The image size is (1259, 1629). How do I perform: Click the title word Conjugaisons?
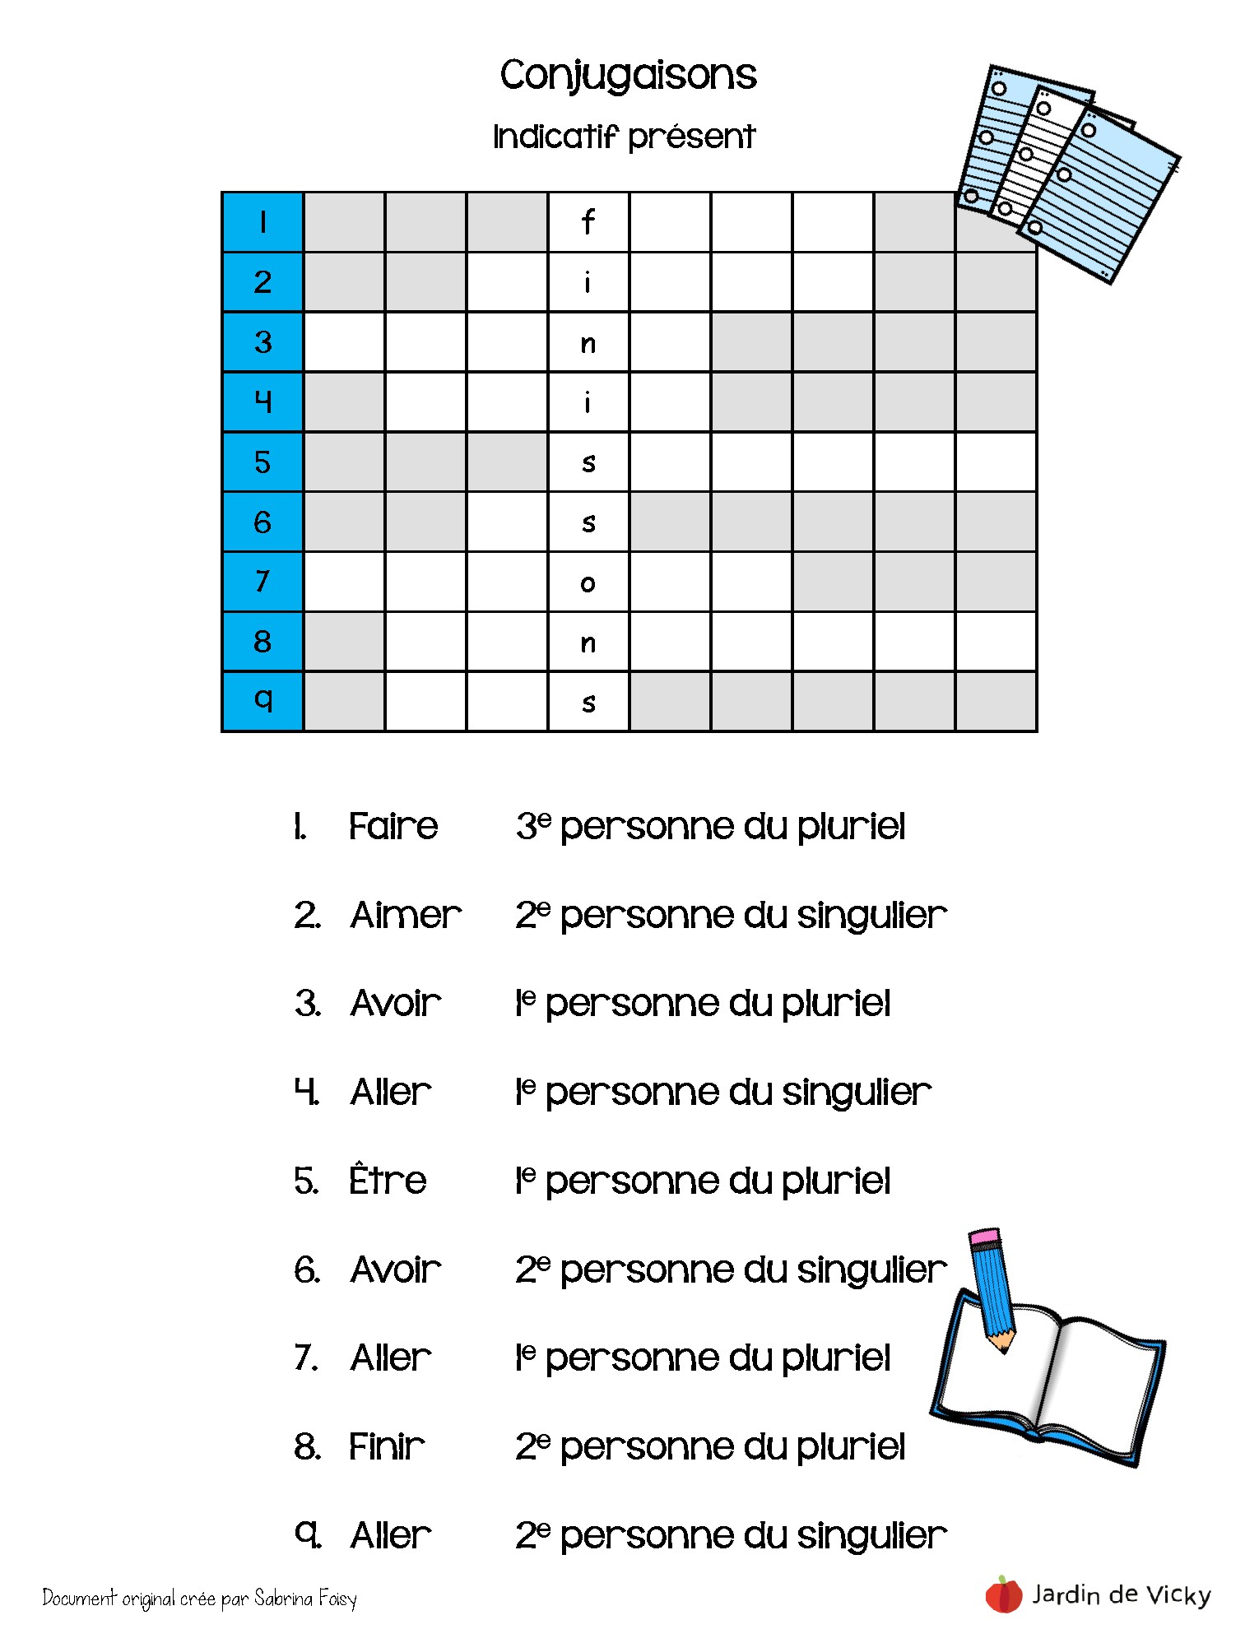pos(628,76)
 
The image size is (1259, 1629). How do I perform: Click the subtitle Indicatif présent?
pos(624,137)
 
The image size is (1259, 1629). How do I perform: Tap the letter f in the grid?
pos(588,222)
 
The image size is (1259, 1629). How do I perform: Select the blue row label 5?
pos(262,462)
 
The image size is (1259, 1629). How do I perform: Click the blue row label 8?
pos(262,642)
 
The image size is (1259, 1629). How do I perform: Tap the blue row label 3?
pos(262,342)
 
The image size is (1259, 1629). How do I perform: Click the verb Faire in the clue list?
pos(393,826)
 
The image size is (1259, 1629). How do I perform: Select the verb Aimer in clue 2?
pos(405,915)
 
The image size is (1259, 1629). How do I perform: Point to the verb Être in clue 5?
pos(388,1181)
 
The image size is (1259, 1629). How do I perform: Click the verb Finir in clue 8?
pos(387,1446)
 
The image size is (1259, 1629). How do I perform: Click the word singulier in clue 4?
pos(856,1093)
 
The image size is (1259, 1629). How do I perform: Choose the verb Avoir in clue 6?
pos(396,1269)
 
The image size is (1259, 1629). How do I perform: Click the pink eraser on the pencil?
pos(985,1237)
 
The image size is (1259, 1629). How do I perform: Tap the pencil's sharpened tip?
pos(1003,1347)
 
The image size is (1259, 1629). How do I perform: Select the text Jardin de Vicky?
pos(1122,1594)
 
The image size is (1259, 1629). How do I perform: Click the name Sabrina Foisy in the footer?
pos(305,1598)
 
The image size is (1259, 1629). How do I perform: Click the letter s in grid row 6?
pos(588,522)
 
